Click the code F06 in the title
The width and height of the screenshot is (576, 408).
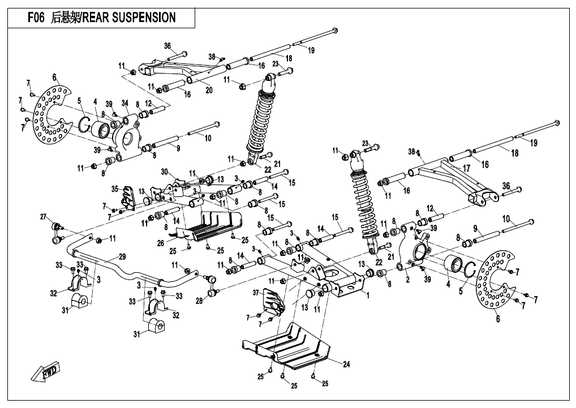click(x=37, y=18)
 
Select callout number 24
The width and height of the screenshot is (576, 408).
click(x=346, y=364)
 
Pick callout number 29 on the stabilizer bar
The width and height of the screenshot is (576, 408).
click(x=122, y=257)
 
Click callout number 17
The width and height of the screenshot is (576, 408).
click(x=467, y=168)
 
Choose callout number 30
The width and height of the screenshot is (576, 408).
click(x=164, y=171)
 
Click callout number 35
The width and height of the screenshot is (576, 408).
click(x=114, y=188)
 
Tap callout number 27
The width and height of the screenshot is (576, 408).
click(x=43, y=217)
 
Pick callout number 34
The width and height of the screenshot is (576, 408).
click(x=124, y=103)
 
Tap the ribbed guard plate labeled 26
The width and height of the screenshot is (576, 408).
click(x=209, y=226)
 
